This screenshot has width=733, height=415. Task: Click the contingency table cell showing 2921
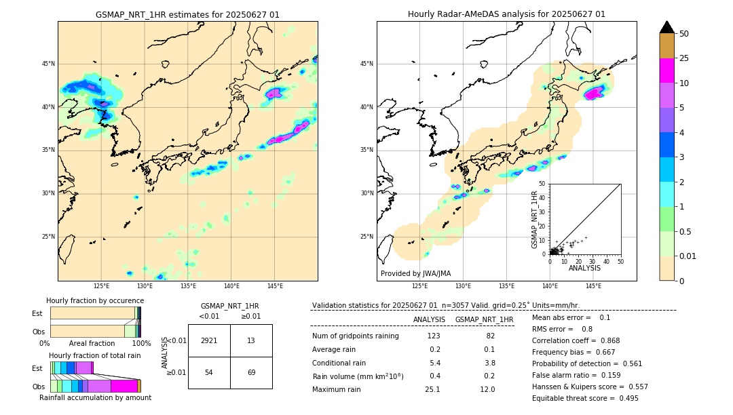pyautogui.click(x=209, y=340)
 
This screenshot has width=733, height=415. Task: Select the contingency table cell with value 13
pyautogui.click(x=251, y=340)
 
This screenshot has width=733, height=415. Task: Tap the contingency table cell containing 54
pyautogui.click(x=209, y=373)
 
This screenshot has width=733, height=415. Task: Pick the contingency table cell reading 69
pyautogui.click(x=251, y=373)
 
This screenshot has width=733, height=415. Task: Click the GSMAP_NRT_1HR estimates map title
pyautogui.click(x=187, y=14)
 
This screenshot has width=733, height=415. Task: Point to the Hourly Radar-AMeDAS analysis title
pyautogui.click(x=506, y=14)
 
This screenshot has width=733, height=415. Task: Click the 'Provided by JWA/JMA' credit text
pyautogui.click(x=415, y=273)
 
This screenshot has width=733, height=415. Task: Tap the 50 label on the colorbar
pyautogui.click(x=684, y=34)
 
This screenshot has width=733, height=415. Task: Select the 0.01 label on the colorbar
pyautogui.click(x=688, y=256)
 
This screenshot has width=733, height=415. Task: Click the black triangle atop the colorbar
pyautogui.click(x=667, y=27)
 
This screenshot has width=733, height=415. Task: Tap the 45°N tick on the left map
pyautogui.click(x=48, y=64)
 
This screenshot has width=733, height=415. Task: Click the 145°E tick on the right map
pyautogui.click(x=593, y=286)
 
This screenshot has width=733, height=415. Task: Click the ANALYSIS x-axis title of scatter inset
pyautogui.click(x=584, y=268)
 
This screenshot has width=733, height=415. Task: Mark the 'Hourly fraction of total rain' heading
pyautogui.click(x=95, y=355)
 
